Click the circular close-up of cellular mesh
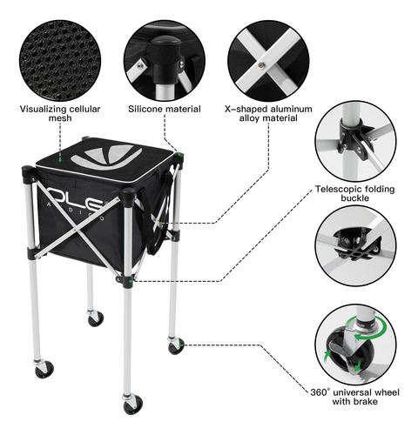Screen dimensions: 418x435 click(x=60, y=61)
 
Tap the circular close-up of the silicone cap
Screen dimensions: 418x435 click(x=165, y=61)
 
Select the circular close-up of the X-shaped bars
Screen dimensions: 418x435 click(x=268, y=61)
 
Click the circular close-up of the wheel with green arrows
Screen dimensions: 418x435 click(x=355, y=345)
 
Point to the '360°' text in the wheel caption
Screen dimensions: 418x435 click(x=320, y=392)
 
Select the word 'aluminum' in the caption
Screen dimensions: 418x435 click(x=291, y=109)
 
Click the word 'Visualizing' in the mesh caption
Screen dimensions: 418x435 click(x=43, y=110)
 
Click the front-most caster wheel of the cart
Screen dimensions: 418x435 click(x=133, y=405)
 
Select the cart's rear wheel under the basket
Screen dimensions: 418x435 click(x=96, y=318)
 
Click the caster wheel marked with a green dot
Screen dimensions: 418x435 click(x=176, y=346)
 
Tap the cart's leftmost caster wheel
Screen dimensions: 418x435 click(x=44, y=370)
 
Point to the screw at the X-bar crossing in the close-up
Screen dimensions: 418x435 click(x=261, y=65)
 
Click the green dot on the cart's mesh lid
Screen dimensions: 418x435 click(x=60, y=160)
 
